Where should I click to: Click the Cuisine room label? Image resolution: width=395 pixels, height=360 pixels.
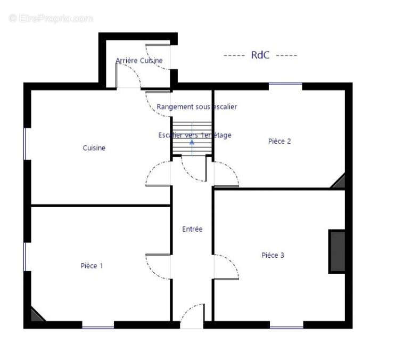point(94,148)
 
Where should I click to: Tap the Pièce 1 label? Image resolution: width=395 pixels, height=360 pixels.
point(92,266)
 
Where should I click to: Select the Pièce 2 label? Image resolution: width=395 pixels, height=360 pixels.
point(279,141)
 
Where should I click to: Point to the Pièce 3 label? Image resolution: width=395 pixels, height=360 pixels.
point(273,255)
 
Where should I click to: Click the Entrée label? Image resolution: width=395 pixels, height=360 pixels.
point(192,229)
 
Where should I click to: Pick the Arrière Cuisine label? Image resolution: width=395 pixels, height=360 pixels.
point(139,61)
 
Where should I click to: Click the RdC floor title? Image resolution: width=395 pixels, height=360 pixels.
point(260,55)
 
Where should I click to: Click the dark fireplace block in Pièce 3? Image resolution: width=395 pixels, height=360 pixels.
point(336,251)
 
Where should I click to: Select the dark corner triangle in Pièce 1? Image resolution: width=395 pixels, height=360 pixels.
point(36,316)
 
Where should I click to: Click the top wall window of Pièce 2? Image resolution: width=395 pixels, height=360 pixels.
point(285,84)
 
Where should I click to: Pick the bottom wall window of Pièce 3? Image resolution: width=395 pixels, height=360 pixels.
point(286,328)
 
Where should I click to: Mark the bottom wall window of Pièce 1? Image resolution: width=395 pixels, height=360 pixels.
point(98,328)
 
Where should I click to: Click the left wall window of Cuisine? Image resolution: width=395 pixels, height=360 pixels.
point(24,144)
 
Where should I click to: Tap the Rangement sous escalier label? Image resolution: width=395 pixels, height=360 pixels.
point(197,107)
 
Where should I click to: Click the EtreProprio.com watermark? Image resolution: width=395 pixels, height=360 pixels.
point(51,19)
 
